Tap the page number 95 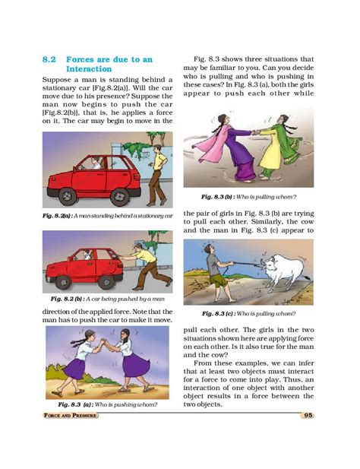pos(308,414)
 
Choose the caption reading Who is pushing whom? pos(104,404)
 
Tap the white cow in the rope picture pos(287,270)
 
